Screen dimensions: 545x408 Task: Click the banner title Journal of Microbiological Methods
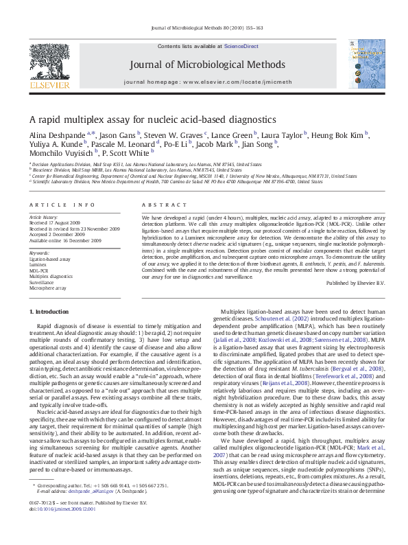pos(204,65)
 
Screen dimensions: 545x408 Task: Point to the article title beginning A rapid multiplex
pos(152,119)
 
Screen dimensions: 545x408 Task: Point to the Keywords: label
pos(40,254)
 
